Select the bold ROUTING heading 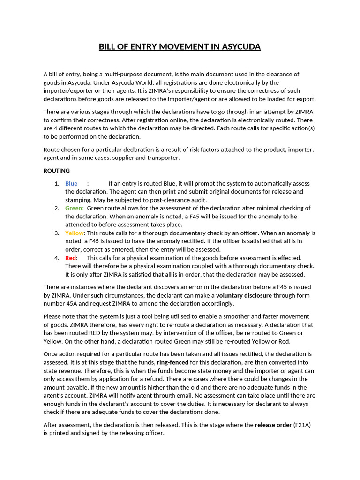[x=56, y=171]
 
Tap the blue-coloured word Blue [x=71, y=183]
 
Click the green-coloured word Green [x=74, y=208]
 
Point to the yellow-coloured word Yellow [x=74, y=233]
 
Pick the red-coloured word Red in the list [x=71, y=258]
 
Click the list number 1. [x=56, y=183]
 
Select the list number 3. [x=56, y=233]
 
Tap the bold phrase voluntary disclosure [x=244, y=295]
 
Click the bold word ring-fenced [x=172, y=362]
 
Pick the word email [x=217, y=395]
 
